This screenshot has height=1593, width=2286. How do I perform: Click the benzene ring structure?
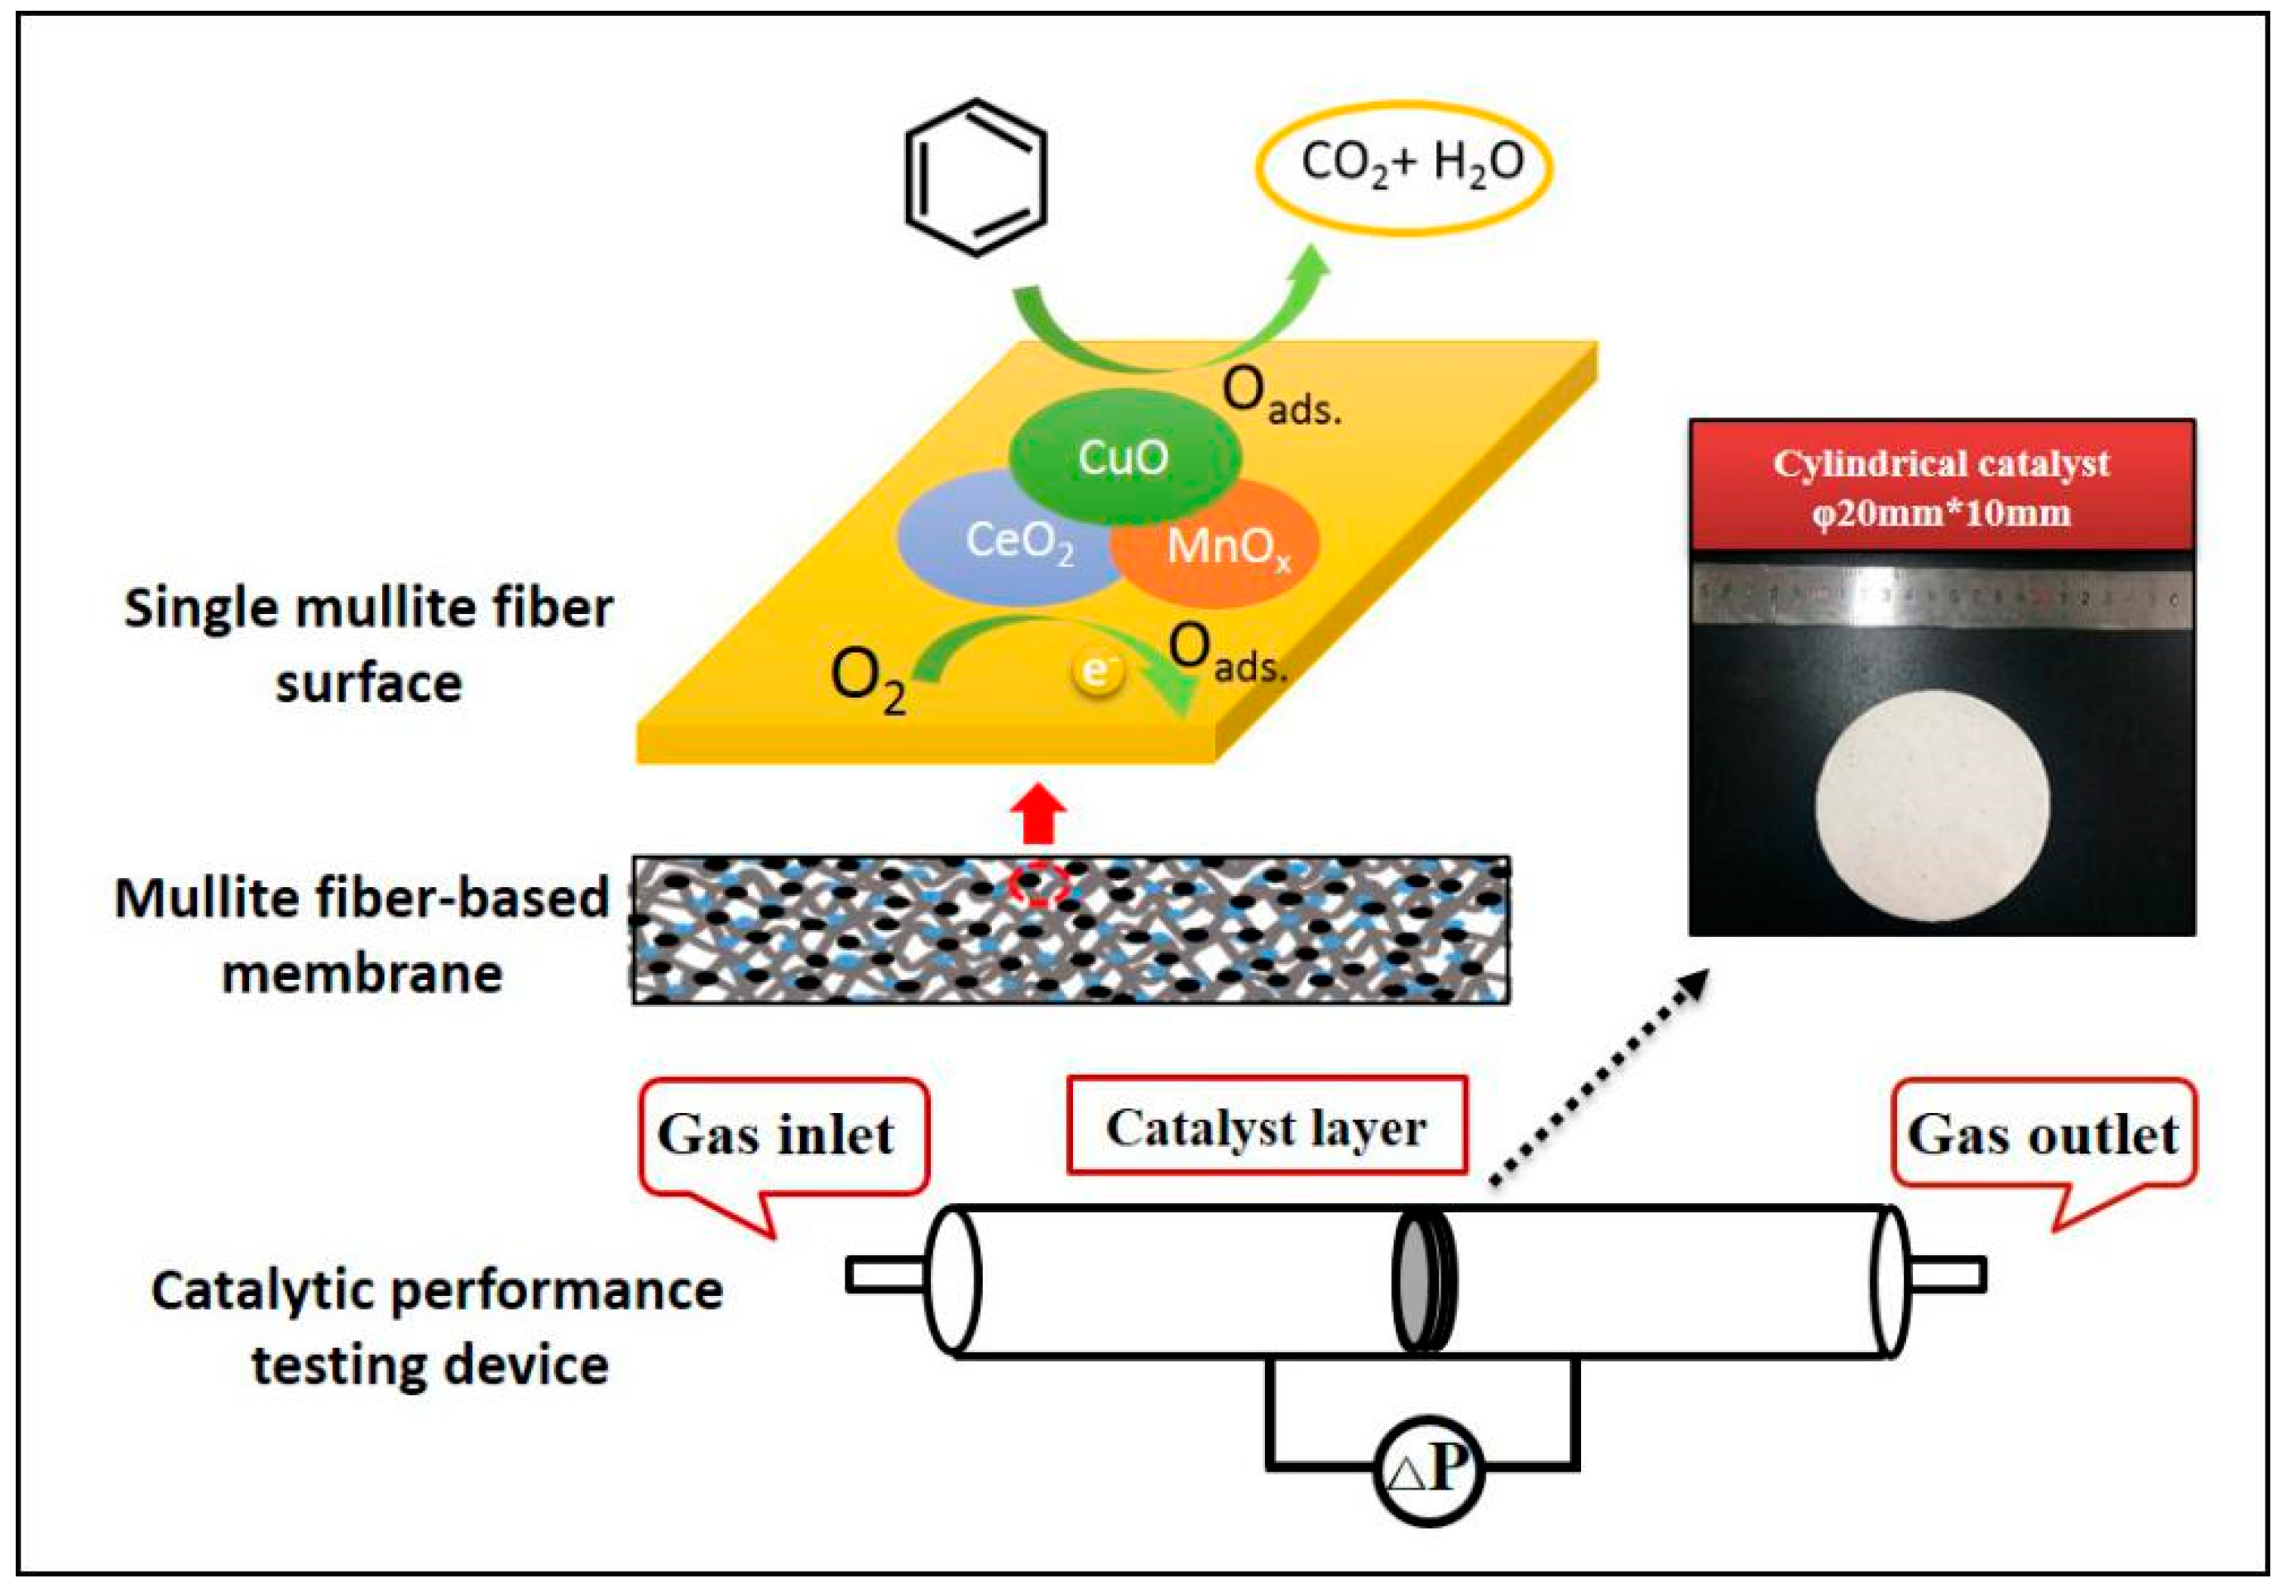[x=975, y=177]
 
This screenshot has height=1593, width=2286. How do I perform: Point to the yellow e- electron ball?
[x=1096, y=672]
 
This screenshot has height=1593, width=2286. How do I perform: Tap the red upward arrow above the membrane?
[x=1038, y=813]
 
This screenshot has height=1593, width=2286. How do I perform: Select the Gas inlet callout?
[x=782, y=1135]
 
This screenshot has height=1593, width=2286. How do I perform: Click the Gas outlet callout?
[x=2041, y=1135]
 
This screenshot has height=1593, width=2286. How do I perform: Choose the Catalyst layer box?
[x=1266, y=1127]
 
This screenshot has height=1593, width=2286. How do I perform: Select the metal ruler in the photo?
[x=1942, y=597]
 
